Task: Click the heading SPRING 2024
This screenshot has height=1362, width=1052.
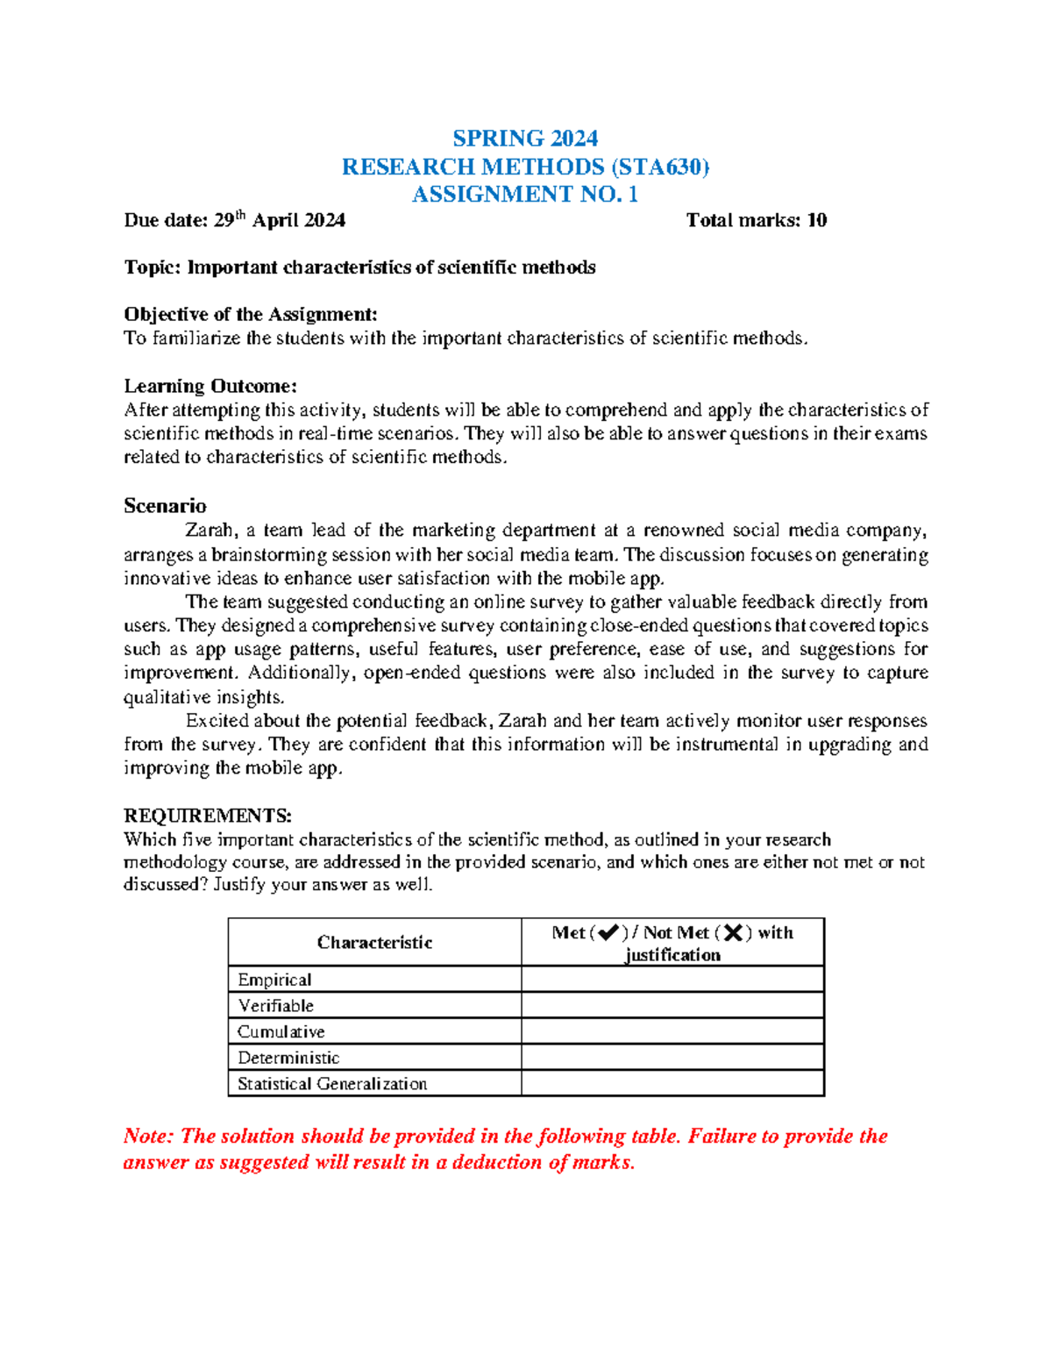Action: (525, 139)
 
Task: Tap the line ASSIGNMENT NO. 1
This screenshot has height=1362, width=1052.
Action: (525, 194)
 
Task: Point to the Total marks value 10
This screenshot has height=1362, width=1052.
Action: (816, 220)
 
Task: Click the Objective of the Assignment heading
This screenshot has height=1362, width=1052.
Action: (251, 314)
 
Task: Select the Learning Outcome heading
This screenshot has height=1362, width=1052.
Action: (210, 386)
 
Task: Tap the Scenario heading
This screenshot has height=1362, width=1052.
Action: (165, 506)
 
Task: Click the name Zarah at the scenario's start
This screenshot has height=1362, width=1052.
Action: (210, 531)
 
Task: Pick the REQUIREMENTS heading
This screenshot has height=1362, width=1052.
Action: (208, 816)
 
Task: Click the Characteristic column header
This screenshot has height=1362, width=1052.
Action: (374, 942)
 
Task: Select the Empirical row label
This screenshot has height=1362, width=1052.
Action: (274, 980)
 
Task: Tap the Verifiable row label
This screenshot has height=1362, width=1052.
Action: (275, 1005)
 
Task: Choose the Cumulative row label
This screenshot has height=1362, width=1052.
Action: (281, 1031)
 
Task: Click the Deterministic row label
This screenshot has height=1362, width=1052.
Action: (288, 1058)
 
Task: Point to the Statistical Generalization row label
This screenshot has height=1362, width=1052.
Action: (332, 1084)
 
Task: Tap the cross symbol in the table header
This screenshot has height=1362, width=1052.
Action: (733, 933)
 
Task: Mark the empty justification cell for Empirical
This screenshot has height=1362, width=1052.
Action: (672, 980)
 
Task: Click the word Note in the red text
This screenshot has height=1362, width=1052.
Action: (146, 1137)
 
